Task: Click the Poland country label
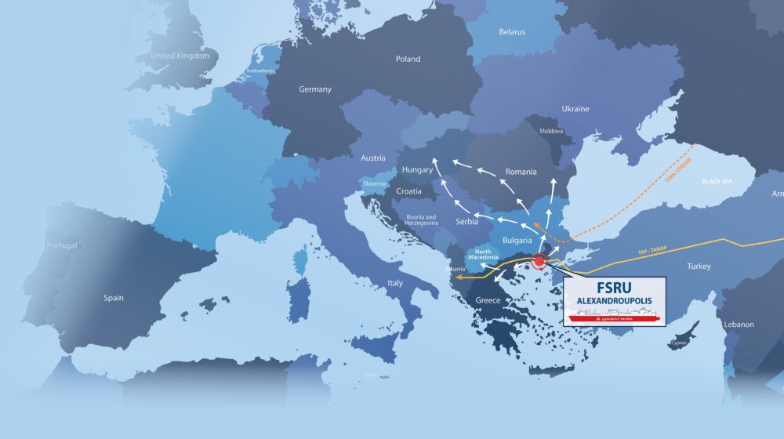408,59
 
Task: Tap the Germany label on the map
315,89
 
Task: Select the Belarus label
512,32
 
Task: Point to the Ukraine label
575,109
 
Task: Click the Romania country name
521,172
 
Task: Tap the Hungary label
417,170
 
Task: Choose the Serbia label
466,223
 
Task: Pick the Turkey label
699,267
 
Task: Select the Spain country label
114,298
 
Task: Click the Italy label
394,283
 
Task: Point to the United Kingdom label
180,56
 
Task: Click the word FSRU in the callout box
614,286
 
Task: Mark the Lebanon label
739,325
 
